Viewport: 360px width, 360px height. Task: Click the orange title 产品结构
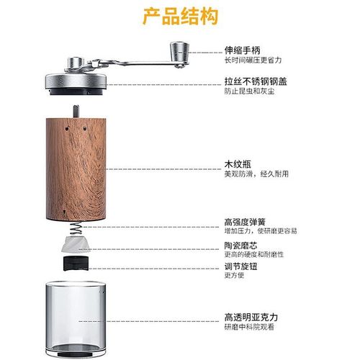[x=180, y=16]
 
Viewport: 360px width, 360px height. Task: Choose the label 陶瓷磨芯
[x=240, y=246]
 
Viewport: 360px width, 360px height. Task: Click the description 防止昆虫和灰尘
[x=248, y=93]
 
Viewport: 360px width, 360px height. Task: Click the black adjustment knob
[x=76, y=262]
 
